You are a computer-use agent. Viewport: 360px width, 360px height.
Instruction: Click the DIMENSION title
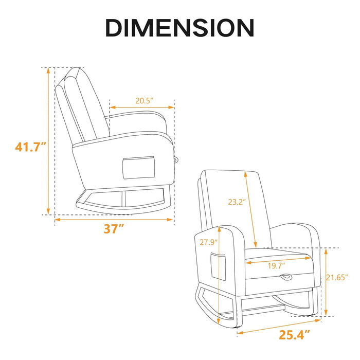pos(179,28)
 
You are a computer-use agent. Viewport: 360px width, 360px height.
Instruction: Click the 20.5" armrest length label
pos(145,101)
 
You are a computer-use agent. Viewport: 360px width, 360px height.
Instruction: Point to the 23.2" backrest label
pos(237,202)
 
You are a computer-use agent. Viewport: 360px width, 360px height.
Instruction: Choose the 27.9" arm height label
pos(209,242)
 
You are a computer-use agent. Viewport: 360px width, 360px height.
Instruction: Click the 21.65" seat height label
pos(340,278)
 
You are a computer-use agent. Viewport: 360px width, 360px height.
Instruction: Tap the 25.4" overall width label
pos(294,336)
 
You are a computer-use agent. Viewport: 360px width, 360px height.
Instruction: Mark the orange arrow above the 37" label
pos(114,220)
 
